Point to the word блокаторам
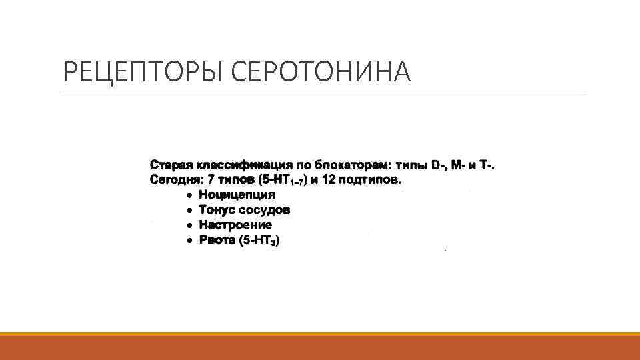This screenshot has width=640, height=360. (x=351, y=165)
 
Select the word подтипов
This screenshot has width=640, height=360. (x=370, y=180)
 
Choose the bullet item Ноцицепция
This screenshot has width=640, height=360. (x=237, y=195)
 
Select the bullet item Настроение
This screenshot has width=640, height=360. (x=235, y=225)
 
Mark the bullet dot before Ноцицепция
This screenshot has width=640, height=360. (x=189, y=195)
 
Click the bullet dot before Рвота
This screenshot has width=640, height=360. (x=189, y=241)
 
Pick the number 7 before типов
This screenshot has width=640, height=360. (x=211, y=180)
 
